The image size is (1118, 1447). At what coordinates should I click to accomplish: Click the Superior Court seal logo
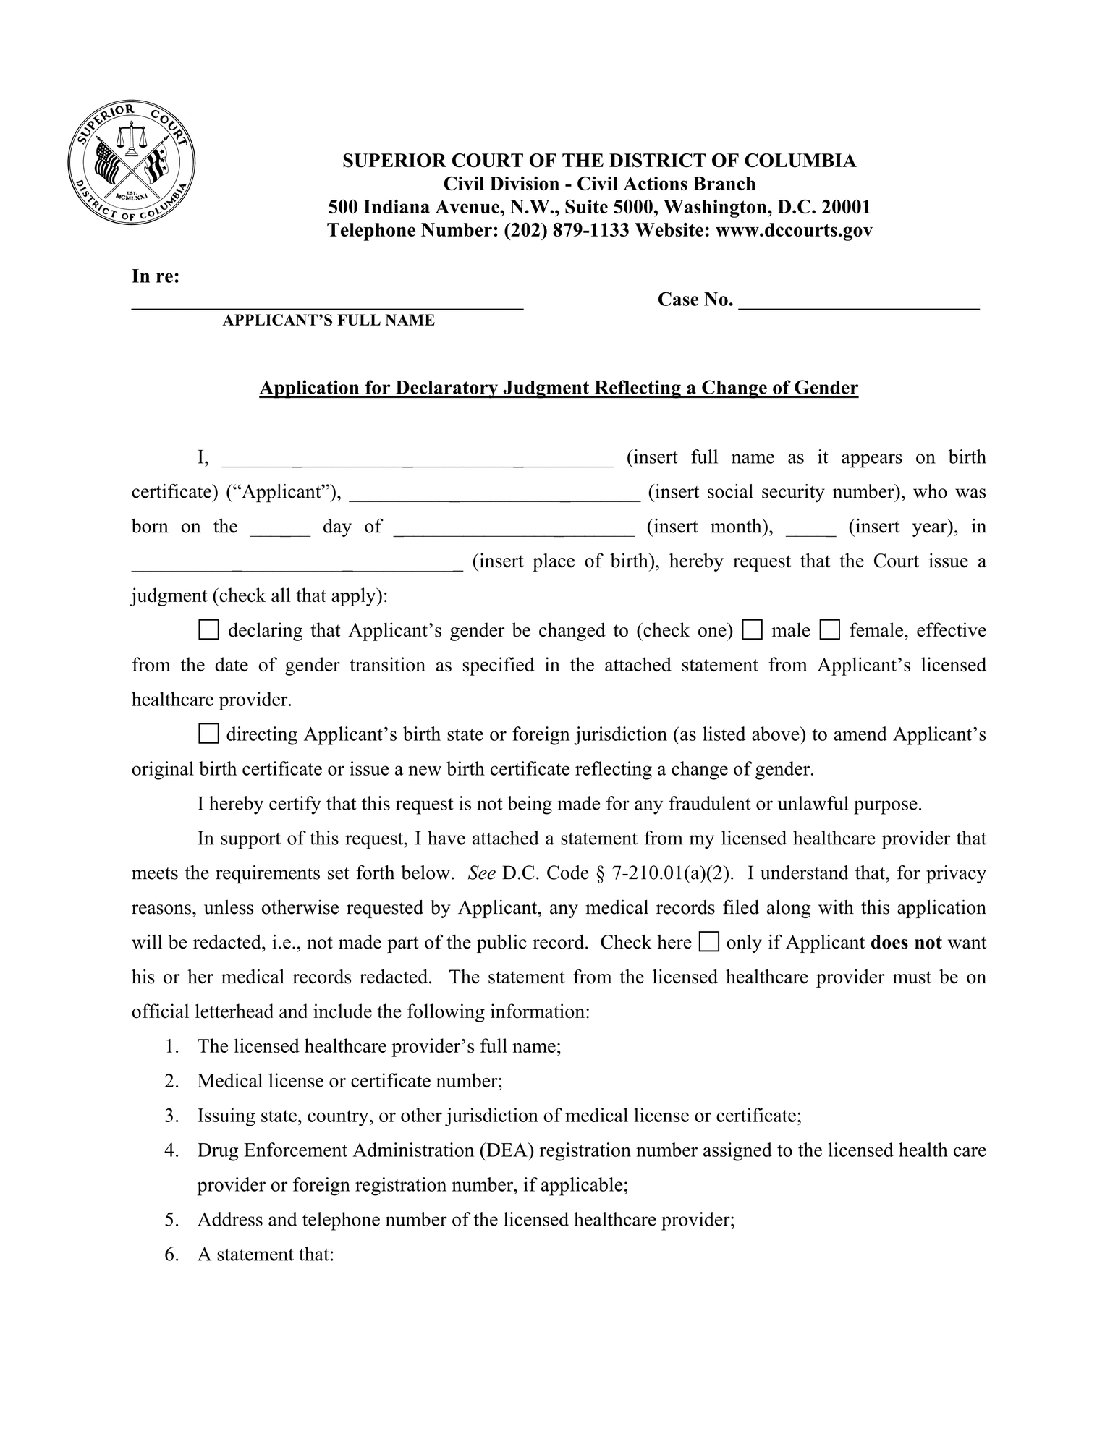point(132,164)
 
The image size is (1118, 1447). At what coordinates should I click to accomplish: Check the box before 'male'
point(753,630)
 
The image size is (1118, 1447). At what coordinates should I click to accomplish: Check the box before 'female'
point(829,630)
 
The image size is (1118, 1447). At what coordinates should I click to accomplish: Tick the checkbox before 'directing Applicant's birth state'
point(208,734)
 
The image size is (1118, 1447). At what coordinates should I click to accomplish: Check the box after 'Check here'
point(709,942)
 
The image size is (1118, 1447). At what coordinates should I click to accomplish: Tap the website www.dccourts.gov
point(794,231)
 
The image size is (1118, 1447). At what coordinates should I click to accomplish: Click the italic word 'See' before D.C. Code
point(481,873)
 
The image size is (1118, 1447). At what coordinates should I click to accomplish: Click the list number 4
point(171,1150)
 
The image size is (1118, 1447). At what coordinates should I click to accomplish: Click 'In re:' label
point(156,277)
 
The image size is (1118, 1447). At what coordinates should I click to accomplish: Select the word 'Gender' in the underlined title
point(826,388)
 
